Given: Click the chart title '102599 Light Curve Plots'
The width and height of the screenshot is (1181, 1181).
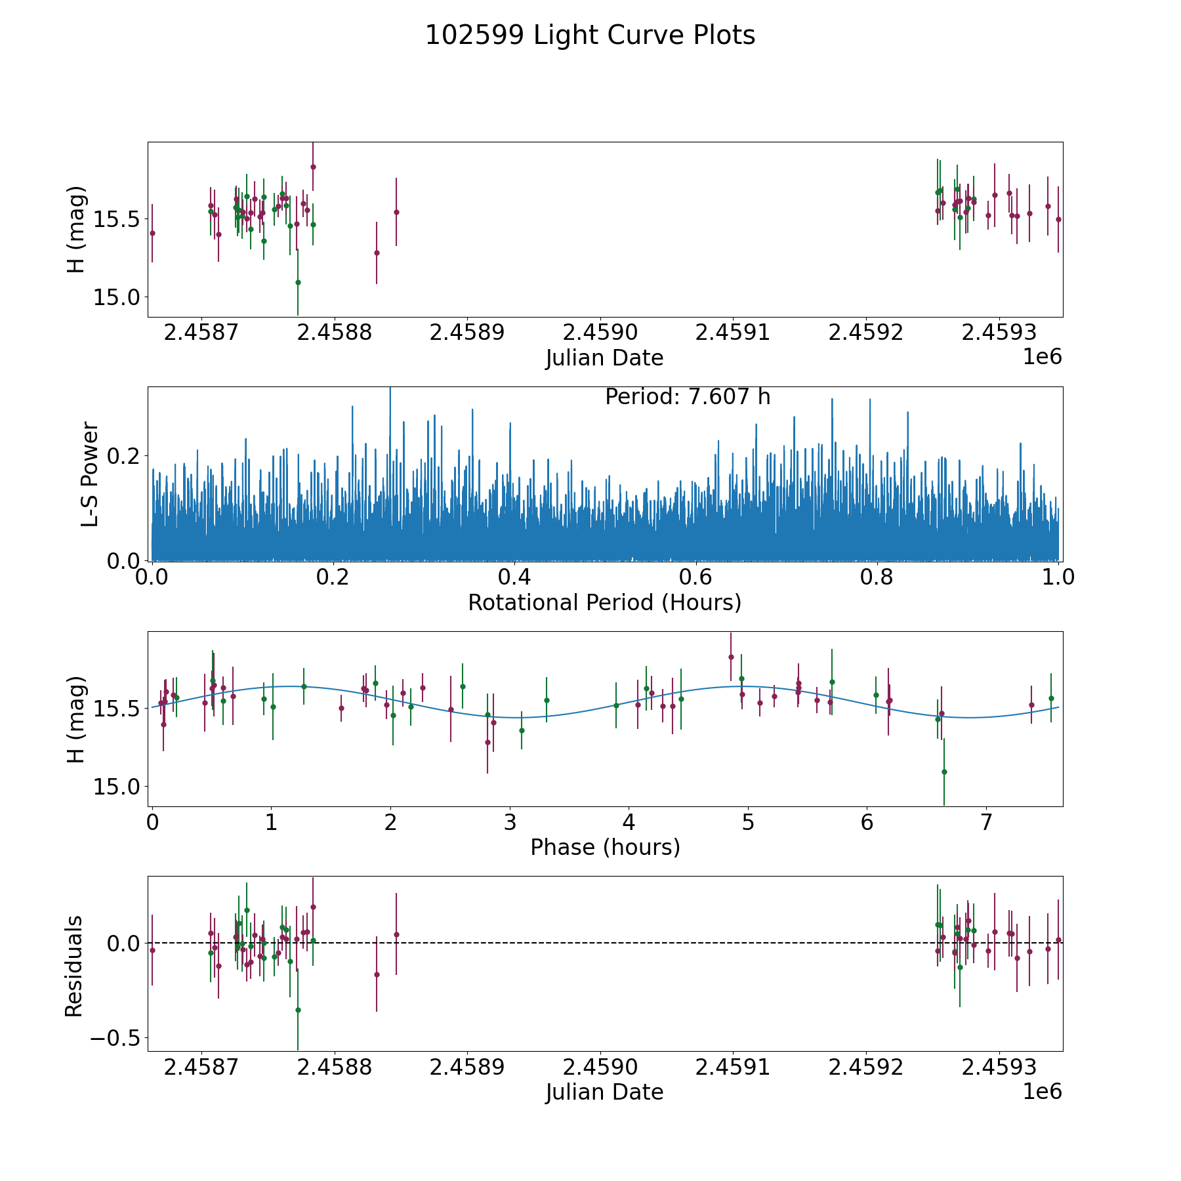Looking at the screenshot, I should click(590, 35).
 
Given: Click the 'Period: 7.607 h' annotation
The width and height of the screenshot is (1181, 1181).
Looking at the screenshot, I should click(687, 397).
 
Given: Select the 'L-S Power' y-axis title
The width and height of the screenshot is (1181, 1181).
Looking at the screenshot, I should click(91, 474).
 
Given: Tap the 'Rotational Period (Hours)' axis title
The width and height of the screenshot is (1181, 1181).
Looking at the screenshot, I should click(604, 602).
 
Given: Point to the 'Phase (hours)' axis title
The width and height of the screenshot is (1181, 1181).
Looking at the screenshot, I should click(605, 847).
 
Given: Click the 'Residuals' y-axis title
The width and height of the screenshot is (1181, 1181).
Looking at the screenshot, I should click(74, 966).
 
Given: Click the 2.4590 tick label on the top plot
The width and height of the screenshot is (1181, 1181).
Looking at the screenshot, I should click(600, 333).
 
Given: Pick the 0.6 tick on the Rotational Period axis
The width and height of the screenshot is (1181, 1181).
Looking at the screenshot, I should click(695, 577).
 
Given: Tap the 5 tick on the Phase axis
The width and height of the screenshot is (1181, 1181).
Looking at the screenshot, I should click(748, 822).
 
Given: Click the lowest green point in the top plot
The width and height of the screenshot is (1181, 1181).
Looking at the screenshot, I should click(298, 282).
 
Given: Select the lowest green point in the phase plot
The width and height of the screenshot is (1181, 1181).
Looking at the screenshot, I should click(944, 772).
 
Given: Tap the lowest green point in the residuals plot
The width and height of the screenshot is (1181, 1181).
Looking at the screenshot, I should click(298, 1010).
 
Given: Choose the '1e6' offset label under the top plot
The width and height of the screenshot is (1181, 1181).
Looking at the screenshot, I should click(1042, 357).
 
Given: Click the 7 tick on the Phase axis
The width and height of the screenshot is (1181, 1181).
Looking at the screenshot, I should click(986, 822).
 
